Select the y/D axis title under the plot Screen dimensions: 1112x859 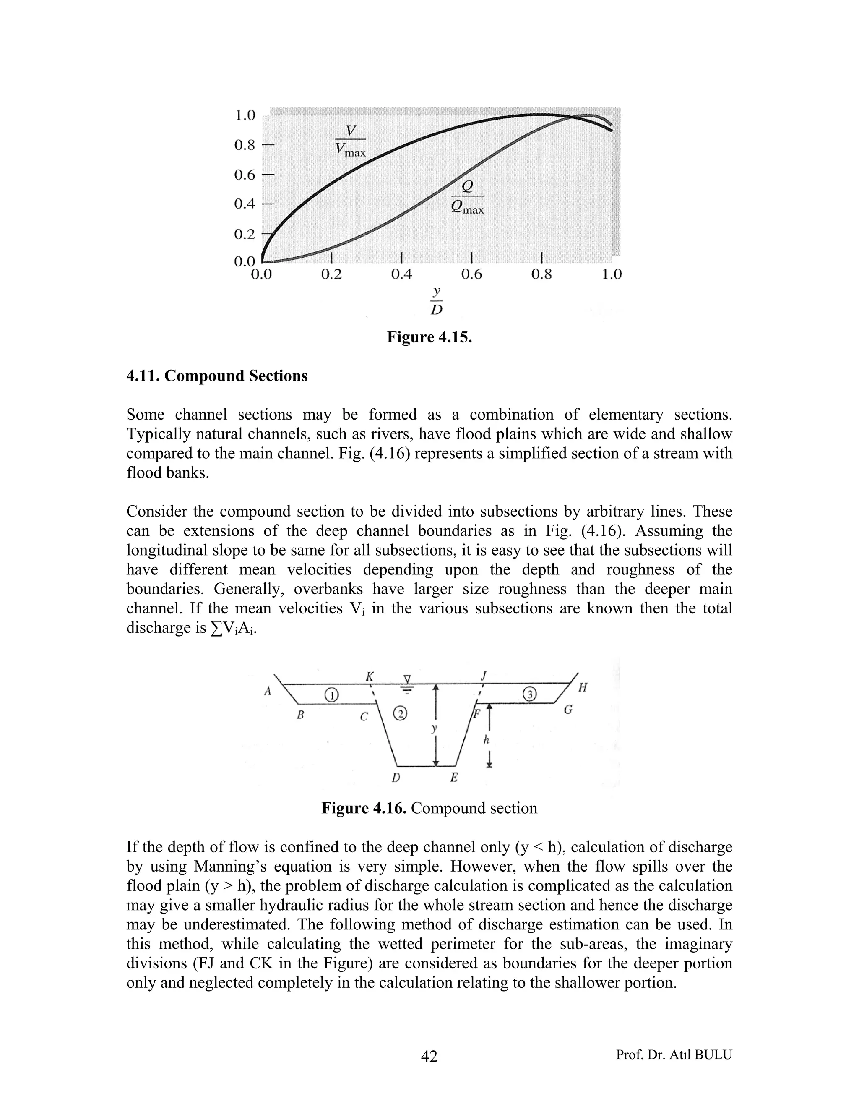pyautogui.click(x=436, y=300)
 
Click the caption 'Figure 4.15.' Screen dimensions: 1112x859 pyautogui.click(x=429, y=337)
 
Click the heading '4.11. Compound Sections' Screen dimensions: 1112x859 pyautogui.click(x=217, y=376)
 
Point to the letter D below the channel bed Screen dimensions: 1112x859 pyautogui.click(x=396, y=778)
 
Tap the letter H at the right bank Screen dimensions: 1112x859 pyautogui.click(x=583, y=688)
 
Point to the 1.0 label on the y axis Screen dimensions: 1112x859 pyautogui.click(x=245, y=115)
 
